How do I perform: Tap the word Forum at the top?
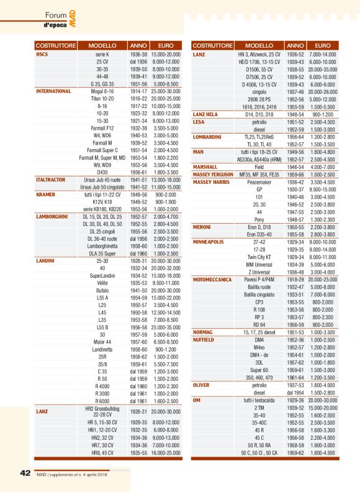click(x=56, y=15)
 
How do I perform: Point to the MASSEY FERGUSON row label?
click(x=213, y=175)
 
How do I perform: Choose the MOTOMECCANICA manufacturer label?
click(x=213, y=281)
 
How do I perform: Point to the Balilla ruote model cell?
click(x=260, y=287)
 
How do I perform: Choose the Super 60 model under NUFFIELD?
click(x=260, y=368)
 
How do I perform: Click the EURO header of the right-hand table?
click(x=323, y=46)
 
